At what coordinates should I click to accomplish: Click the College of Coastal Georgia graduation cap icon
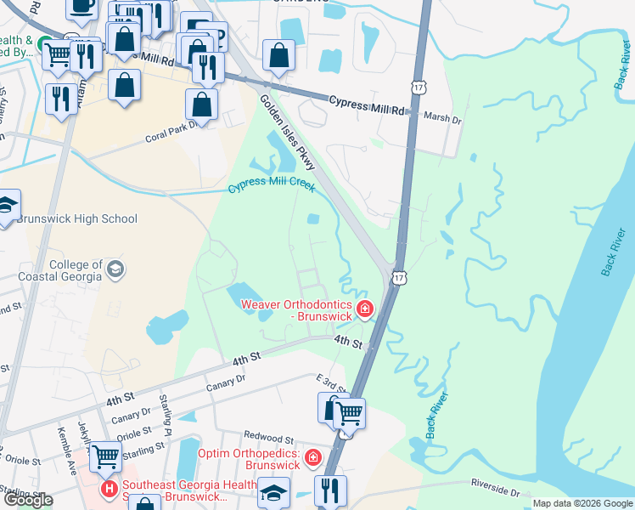coord(115,270)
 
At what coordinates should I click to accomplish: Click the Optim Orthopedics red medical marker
coord(313,458)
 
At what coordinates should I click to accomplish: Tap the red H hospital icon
coord(110,490)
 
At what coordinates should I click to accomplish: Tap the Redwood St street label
coord(268,439)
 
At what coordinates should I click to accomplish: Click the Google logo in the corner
coord(28,500)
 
